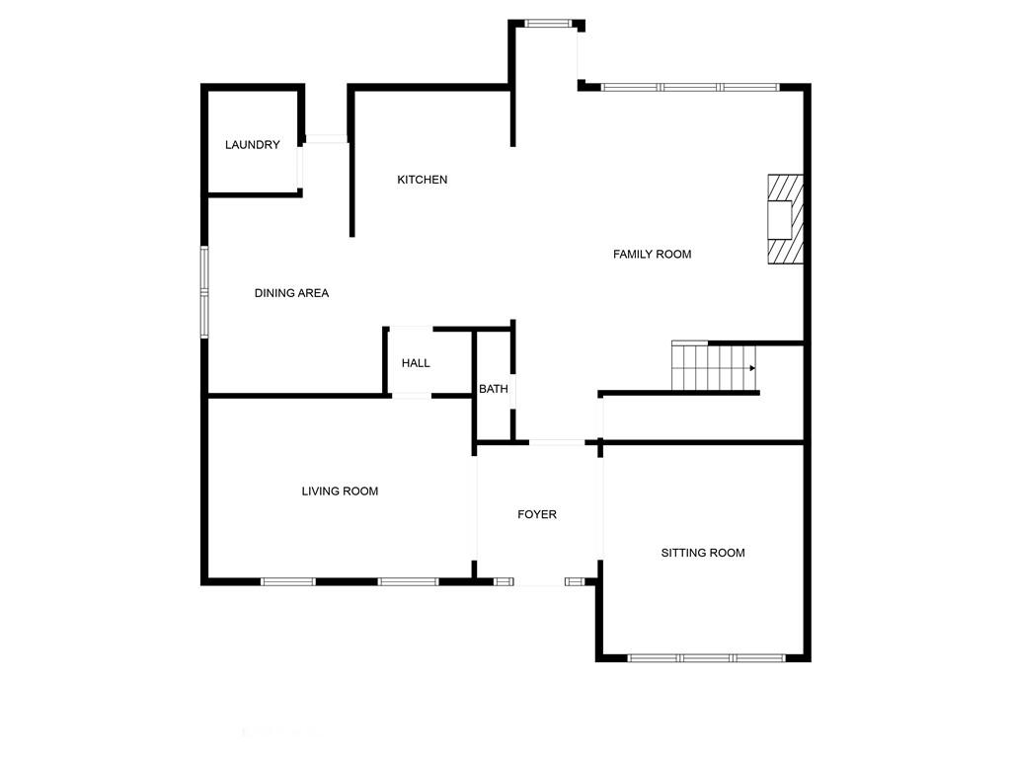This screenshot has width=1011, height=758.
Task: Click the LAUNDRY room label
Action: [252, 145]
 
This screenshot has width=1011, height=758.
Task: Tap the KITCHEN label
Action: [423, 180]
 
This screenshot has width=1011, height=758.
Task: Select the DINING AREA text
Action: [291, 293]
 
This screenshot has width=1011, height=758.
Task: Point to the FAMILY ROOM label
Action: [652, 255]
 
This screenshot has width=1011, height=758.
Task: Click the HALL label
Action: [416, 363]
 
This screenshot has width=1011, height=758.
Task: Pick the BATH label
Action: [494, 389]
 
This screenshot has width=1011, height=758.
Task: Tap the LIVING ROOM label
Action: [340, 492]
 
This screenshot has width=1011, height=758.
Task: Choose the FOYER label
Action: [537, 514]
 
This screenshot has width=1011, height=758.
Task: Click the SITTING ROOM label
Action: [703, 553]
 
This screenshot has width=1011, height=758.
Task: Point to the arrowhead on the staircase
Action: [752, 368]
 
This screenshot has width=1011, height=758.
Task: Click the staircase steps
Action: [715, 366]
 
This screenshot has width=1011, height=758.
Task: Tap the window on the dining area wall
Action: [204, 292]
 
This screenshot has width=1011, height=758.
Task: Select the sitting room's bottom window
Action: [707, 658]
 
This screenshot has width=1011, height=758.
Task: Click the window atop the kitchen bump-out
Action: [548, 24]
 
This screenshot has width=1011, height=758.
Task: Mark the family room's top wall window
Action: [690, 87]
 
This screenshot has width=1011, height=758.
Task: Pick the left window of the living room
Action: [288, 582]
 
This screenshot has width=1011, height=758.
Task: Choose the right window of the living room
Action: [408, 582]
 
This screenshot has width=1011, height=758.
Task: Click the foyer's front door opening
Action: [539, 582]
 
